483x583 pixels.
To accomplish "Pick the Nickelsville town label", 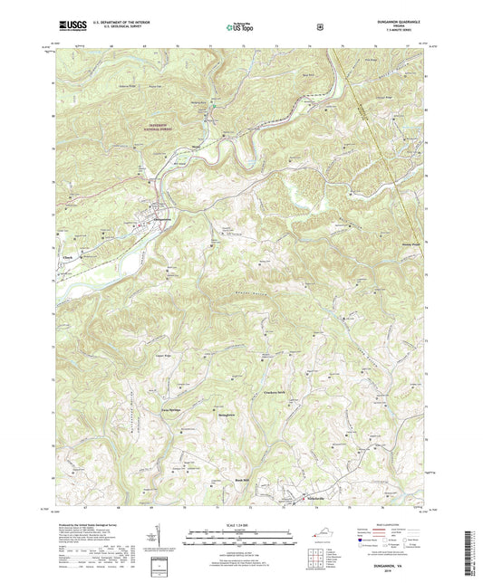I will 314,498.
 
